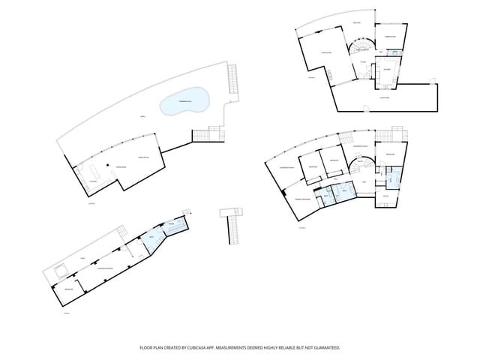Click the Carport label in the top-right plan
coord(384,97)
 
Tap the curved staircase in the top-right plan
coord(357,51)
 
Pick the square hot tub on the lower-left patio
coord(58,270)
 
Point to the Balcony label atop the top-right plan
coord(357,23)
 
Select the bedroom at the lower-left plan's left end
coord(68,289)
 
